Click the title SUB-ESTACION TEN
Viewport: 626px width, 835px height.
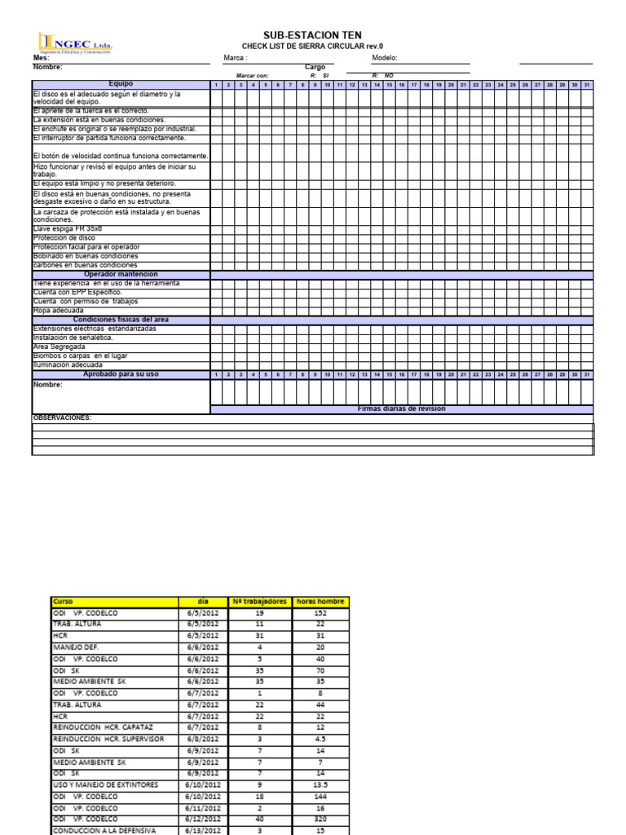(312, 36)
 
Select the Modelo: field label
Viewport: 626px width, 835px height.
(384, 58)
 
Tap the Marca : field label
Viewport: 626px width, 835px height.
(236, 58)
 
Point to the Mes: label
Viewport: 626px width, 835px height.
(41, 58)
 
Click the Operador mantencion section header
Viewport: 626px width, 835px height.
(121, 274)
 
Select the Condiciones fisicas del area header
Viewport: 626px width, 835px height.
(121, 320)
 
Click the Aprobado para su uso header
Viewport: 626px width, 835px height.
(121, 374)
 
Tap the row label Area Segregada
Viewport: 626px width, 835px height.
(58, 347)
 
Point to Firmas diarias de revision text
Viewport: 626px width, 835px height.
(402, 409)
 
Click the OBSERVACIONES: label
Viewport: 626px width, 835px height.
(61, 417)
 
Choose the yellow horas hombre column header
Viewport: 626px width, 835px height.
(320, 602)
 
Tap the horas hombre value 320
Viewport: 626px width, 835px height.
(320, 819)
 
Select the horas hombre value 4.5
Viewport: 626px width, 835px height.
(320, 739)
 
